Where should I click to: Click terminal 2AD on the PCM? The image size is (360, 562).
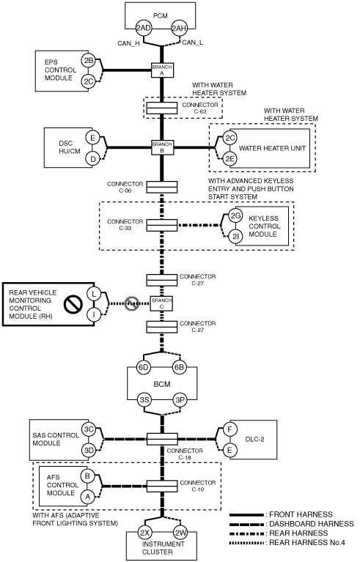coord(143,28)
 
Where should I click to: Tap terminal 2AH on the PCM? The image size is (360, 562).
coord(179,28)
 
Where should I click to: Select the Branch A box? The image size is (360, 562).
coord(162,70)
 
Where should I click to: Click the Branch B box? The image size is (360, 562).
coord(162,147)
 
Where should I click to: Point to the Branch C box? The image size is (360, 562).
coord(162,303)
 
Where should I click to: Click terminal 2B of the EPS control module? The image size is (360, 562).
coord(88,61)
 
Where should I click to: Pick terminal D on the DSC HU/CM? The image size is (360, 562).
coord(92,159)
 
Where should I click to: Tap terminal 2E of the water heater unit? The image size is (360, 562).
coord(229,159)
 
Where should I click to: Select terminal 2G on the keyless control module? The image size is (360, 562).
coord(235,215)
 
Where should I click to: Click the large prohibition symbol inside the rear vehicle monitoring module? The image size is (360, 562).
coord(73,304)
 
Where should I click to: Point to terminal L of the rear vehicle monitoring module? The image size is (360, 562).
coord(94,294)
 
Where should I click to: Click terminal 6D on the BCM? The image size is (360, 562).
coord(144,367)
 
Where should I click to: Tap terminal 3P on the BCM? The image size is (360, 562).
coord(180,399)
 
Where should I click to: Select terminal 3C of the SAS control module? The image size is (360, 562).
coord(88,429)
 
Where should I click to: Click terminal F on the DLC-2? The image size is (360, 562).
coord(229,429)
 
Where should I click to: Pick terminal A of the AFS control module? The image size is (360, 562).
coord(87,496)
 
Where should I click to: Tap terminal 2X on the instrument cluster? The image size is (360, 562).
coord(144,533)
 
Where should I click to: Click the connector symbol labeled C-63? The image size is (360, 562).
coord(162,108)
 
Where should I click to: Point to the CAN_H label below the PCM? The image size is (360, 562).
coord(128,43)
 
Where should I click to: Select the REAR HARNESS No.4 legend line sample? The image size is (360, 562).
coord(247,543)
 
